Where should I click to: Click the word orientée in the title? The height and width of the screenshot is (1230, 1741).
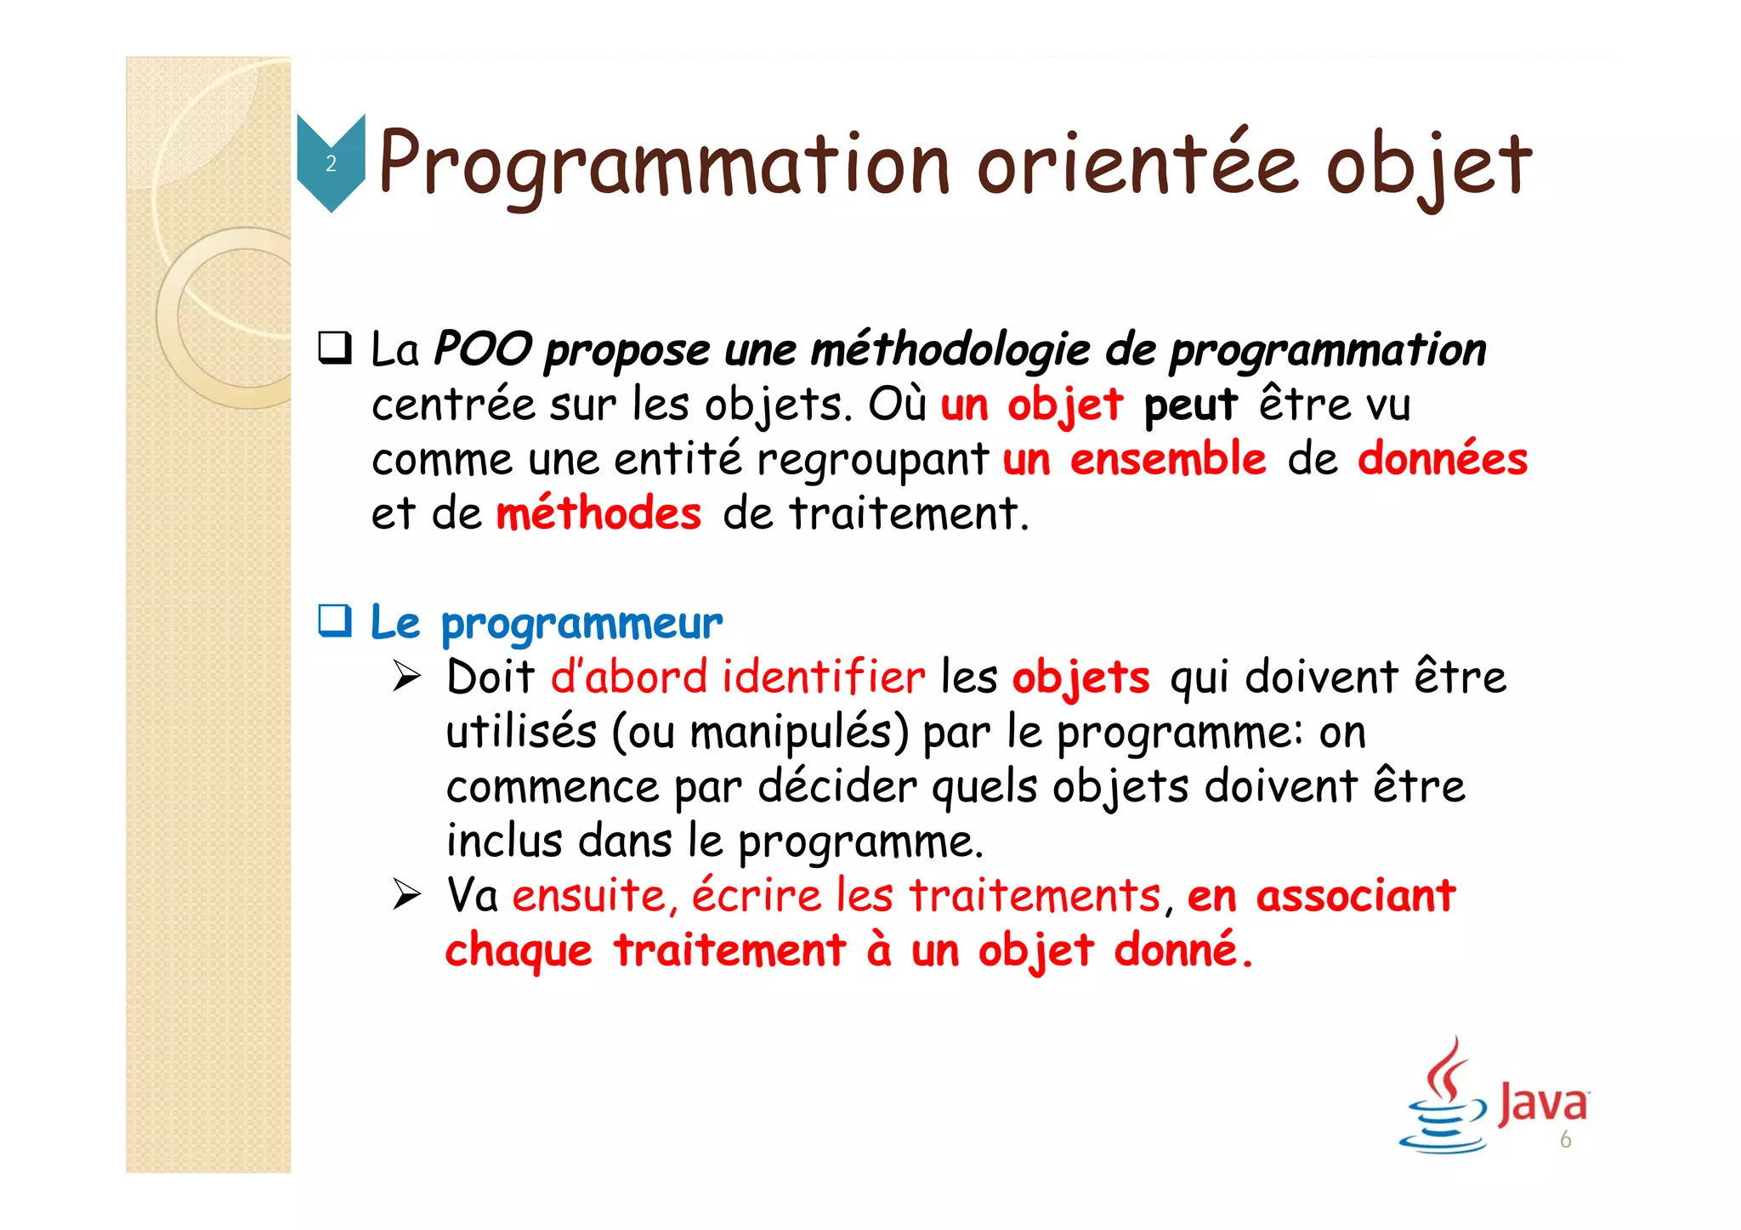click(x=1137, y=163)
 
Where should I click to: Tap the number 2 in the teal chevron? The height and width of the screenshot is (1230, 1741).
click(x=331, y=163)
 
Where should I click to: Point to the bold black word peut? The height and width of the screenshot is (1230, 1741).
click(x=1189, y=405)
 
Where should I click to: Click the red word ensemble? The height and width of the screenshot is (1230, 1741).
click(x=1167, y=459)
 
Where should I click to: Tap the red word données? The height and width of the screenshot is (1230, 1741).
click(x=1442, y=459)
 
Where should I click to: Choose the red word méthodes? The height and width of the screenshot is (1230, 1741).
click(x=598, y=514)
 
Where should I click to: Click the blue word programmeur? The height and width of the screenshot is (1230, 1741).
click(x=581, y=624)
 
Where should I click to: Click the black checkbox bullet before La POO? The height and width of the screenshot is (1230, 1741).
click(x=335, y=349)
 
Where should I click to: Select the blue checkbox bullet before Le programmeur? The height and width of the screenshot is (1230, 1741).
click(x=335, y=621)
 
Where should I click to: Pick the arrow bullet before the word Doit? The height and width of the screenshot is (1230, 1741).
click(x=406, y=677)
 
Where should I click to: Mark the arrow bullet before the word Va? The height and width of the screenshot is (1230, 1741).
click(x=406, y=895)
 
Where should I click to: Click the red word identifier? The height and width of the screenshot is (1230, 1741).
click(x=823, y=677)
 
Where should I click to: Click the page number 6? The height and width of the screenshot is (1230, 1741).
click(x=1565, y=1140)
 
